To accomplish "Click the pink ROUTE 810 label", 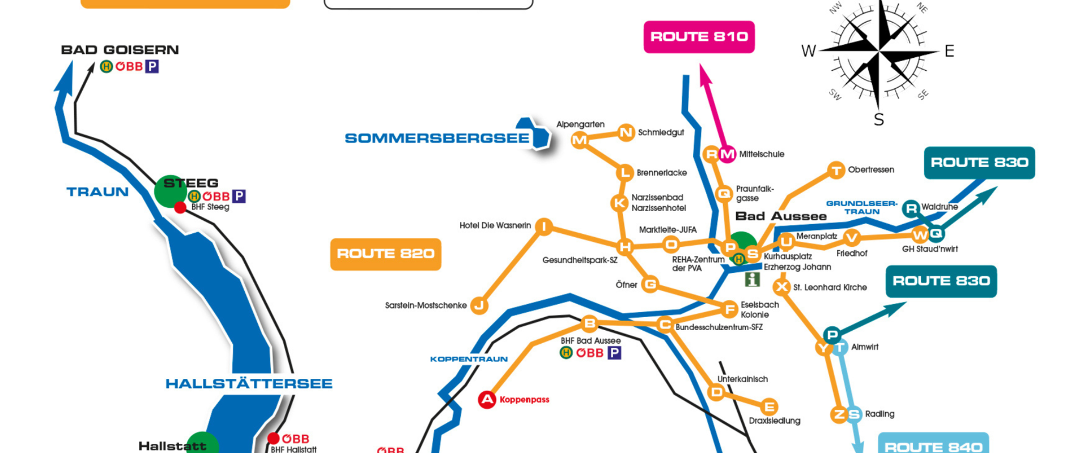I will click(699, 37).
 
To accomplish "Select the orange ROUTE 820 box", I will click(385, 254).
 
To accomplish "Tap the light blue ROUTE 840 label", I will click(933, 446).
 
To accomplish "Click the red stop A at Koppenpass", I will click(487, 400).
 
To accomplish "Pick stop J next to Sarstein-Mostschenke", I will click(479, 306).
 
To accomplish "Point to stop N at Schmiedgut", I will click(626, 133).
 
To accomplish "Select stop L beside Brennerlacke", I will click(624, 173).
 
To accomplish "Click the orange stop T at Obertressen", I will click(836, 170).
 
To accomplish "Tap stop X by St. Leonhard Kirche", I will click(782, 287).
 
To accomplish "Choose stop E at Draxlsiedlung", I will click(769, 407).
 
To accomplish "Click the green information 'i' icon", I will click(752, 279).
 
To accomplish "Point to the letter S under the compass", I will click(878, 120).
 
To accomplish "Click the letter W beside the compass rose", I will click(808, 52).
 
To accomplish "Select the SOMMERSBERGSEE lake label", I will click(437, 138).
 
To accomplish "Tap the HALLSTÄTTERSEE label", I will click(249, 384).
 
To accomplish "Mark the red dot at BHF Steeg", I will click(180, 208).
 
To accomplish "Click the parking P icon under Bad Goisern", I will click(152, 67).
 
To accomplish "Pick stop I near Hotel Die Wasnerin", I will click(543, 226).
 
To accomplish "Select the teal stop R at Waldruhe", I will click(911, 208).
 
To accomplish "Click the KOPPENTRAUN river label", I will click(469, 359).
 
